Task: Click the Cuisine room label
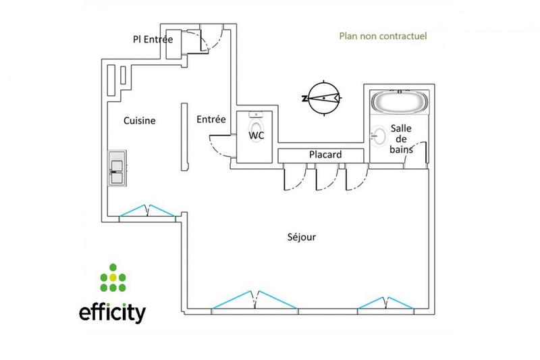pyautogui.click(x=140, y=121)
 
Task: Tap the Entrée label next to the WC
pyautogui.click(x=211, y=120)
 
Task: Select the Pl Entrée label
pyautogui.click(x=153, y=40)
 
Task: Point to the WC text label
pyautogui.click(x=256, y=135)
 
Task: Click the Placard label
pyautogui.click(x=325, y=155)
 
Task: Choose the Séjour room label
pyautogui.click(x=301, y=237)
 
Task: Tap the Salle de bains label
pyautogui.click(x=401, y=138)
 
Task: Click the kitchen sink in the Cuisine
pyautogui.click(x=116, y=167)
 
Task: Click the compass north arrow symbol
pyautogui.click(x=323, y=98)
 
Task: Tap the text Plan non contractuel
pyautogui.click(x=382, y=36)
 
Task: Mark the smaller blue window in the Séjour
pyautogui.click(x=385, y=303)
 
